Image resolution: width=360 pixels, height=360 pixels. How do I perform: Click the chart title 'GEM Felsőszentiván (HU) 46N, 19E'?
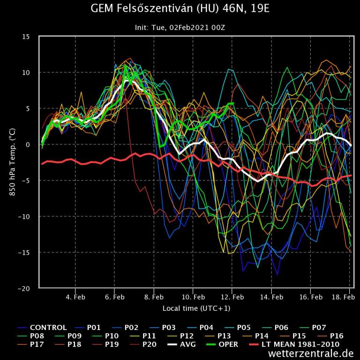pyautogui.click(x=180, y=9)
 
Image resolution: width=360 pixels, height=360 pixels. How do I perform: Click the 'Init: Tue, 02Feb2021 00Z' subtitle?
pyautogui.click(x=180, y=28)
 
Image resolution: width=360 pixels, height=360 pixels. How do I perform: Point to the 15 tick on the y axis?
pyautogui.click(x=27, y=37)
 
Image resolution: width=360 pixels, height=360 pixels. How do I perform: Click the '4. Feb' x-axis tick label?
pyautogui.click(x=75, y=297)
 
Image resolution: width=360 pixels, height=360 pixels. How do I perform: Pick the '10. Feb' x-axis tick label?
pyautogui.click(x=193, y=297)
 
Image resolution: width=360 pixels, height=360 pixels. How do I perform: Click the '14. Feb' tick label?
pyautogui.click(x=271, y=297)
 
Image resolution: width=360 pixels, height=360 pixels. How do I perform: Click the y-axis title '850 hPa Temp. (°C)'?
pyautogui.click(x=13, y=162)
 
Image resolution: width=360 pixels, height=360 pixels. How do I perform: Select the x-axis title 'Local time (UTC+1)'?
pyautogui.click(x=196, y=308)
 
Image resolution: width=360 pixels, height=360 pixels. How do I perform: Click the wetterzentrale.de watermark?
pyautogui.click(x=311, y=354)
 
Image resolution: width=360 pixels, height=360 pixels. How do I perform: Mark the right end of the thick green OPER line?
pyautogui.click(x=233, y=104)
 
